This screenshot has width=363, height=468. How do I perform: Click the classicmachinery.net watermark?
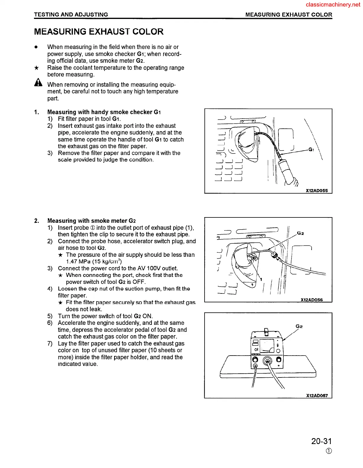pyautogui.click(x=333, y=5)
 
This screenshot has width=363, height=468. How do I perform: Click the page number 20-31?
pyautogui.click(x=321, y=441)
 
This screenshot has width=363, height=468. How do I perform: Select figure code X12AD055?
pyautogui.click(x=317, y=191)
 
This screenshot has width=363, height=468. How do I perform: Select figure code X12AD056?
pyautogui.click(x=312, y=300)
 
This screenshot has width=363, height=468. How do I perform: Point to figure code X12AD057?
pyautogui.click(x=317, y=396)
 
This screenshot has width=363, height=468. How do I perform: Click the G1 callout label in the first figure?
pyautogui.click(x=311, y=150)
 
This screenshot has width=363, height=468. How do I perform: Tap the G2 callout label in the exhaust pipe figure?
pyautogui.click(x=300, y=233)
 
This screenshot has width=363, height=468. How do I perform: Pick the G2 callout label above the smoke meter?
pyautogui.click(x=299, y=326)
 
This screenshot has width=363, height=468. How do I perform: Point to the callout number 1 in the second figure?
pyautogui.click(x=261, y=279)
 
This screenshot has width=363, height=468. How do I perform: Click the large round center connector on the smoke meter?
pyautogui.click(x=268, y=361)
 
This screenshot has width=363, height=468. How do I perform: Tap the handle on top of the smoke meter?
pyautogui.click(x=266, y=331)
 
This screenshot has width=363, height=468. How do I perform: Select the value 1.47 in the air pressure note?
pyautogui.click(x=72, y=262)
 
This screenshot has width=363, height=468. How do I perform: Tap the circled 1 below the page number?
pyautogui.click(x=329, y=451)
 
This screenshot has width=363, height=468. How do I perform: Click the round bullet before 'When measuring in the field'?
pyautogui.click(x=36, y=47)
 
